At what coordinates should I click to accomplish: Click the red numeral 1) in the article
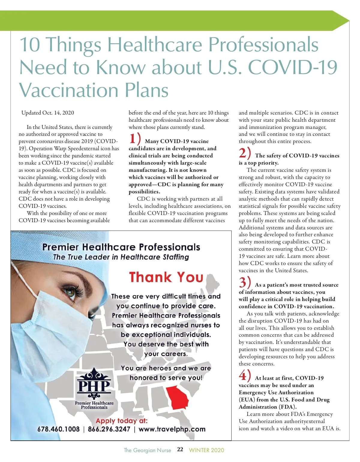point(135,139)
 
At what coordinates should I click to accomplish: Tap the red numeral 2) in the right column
point(244,153)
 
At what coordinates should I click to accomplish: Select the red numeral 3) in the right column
point(244,282)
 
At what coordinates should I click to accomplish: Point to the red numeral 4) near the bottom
point(244,375)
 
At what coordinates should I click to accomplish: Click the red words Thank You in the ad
point(166,277)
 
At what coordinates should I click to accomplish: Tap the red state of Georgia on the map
point(177,397)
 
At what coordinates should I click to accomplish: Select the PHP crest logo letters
point(94,385)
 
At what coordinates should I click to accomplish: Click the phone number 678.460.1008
point(58,429)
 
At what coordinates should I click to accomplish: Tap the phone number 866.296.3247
point(109,429)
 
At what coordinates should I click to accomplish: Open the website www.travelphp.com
point(172,429)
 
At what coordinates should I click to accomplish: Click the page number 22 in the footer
point(180,449)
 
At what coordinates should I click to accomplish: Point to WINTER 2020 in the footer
point(206,450)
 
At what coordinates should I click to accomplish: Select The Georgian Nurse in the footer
point(147,450)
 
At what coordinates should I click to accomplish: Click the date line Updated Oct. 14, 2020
point(48,113)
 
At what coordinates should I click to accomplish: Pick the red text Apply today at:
point(121,421)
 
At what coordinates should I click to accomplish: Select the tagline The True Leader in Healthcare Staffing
point(121,257)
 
